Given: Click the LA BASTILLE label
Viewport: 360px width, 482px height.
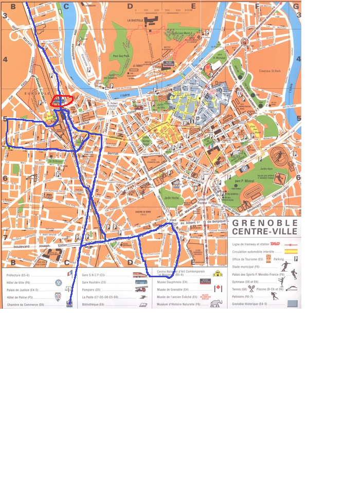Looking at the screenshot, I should click(x=135, y=21).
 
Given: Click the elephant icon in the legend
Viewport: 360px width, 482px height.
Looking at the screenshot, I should click(x=217, y=304).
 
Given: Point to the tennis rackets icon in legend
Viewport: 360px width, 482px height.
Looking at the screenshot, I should click(x=252, y=289).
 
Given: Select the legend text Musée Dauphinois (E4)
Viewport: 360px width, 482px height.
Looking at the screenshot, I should click(x=173, y=282).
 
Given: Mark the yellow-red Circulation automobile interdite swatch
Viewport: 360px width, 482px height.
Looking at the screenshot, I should click(x=292, y=252).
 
